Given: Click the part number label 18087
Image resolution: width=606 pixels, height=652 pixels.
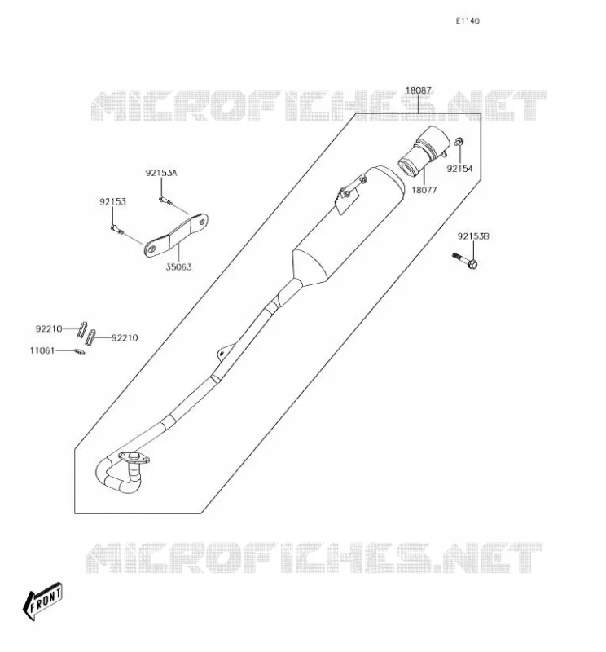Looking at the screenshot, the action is pos(418,90).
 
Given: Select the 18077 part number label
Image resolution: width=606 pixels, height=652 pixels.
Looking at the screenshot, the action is pos(424,190).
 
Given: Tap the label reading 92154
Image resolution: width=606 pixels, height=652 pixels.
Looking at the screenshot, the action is pos(459,169).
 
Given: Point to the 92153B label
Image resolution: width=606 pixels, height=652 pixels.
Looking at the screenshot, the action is pos(473,236).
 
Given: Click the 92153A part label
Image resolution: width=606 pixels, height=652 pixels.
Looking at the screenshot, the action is pos(161,173).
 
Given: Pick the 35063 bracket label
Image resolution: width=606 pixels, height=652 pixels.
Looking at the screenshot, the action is pos(178,267).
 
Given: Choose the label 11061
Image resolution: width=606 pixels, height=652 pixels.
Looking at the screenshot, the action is pos(42,350).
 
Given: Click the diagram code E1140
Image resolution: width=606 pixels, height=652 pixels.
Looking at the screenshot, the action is pos(468,21).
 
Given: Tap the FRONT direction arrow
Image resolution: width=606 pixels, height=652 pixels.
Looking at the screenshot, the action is pos(42,601).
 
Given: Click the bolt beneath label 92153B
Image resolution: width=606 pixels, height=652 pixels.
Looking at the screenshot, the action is pos(465,260).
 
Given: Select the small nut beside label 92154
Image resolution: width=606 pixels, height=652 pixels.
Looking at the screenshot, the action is pos(459,141).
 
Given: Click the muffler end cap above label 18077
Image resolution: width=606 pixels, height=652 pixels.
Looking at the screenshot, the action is pos(424,151).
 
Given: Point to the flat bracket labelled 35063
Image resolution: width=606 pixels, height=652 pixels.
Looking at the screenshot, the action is pos(176,235).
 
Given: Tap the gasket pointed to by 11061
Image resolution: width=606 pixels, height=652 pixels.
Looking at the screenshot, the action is pos(79,352).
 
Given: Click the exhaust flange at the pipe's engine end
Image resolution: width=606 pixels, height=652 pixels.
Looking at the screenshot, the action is pos(134,458).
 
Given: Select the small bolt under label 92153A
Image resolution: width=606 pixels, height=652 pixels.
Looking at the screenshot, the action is pos(165,200).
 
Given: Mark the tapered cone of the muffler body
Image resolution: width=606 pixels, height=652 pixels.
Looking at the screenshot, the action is pos(309,267).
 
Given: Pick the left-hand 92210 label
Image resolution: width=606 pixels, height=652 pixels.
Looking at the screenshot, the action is pos(49,329).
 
